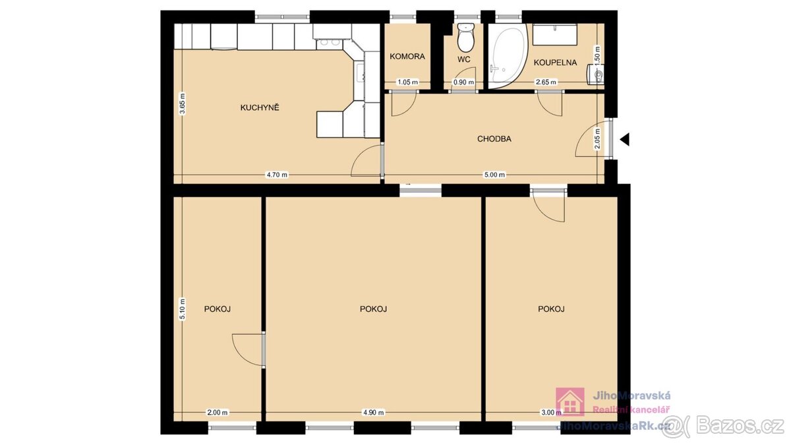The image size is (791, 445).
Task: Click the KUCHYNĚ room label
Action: pos(260,107)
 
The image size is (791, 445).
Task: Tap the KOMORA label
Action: pos(407,56)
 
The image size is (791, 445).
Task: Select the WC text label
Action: pos(464,59)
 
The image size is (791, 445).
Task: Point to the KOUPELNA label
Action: pos(555,63)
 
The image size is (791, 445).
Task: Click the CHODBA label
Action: pos(494,139)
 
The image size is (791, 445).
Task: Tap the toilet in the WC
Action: pos(465,38)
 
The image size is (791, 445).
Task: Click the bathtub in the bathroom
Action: pos(508,56)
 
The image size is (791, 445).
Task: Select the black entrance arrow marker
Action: pos(625,139)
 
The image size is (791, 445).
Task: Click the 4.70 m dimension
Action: pos(278,175)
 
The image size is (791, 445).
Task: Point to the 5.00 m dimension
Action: pos(494,175)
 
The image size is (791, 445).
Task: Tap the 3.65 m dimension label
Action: pos(182,104)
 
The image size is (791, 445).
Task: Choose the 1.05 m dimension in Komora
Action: pos(408,82)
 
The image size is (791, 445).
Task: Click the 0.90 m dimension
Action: pos(463,82)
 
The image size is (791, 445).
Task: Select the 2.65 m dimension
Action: pos(546,82)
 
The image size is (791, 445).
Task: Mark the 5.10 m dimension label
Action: pos(182,309)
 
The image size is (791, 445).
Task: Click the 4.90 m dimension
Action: pos(374,412)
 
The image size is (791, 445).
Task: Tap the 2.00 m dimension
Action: pos(217,412)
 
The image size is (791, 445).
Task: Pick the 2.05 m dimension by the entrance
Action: pos(597,139)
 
